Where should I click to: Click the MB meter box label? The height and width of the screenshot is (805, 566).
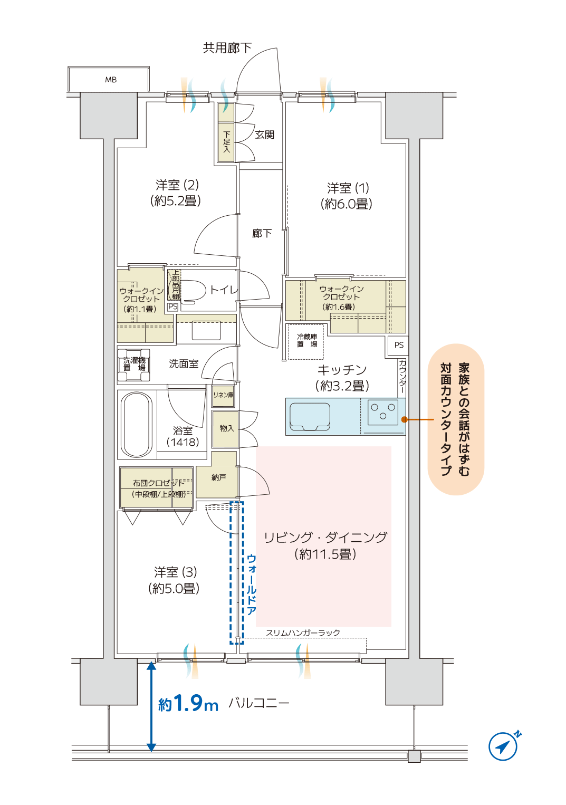[x=111, y=80]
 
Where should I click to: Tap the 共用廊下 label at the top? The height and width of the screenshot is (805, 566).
[x=227, y=48]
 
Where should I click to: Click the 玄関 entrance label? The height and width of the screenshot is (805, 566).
[x=264, y=135]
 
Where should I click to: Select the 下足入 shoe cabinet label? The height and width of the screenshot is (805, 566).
[x=226, y=141]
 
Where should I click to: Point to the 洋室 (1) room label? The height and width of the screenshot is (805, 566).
[x=347, y=196]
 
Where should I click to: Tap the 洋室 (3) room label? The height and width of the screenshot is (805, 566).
[x=175, y=580]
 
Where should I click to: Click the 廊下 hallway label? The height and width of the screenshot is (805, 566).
[x=262, y=234]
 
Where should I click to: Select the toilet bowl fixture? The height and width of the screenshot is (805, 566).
[x=194, y=290]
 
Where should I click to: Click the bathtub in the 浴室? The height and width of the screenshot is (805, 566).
[x=137, y=425]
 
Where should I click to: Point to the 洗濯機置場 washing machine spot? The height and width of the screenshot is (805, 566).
[x=134, y=365]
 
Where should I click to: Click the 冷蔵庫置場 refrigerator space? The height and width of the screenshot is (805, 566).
[x=306, y=342]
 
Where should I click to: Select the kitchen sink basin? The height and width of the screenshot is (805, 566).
[x=310, y=416]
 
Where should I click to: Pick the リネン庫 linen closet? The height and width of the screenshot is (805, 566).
[x=223, y=396]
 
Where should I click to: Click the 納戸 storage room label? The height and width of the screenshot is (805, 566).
[x=218, y=477]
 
